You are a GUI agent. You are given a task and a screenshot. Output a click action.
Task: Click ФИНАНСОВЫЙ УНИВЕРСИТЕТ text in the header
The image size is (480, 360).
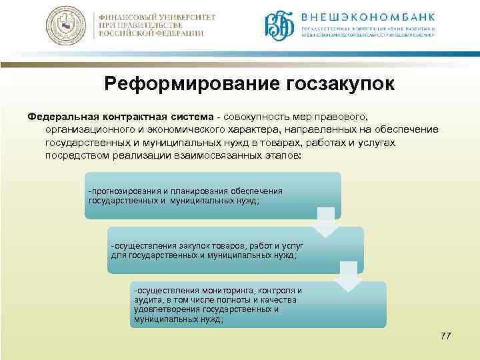click(x=152, y=15)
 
